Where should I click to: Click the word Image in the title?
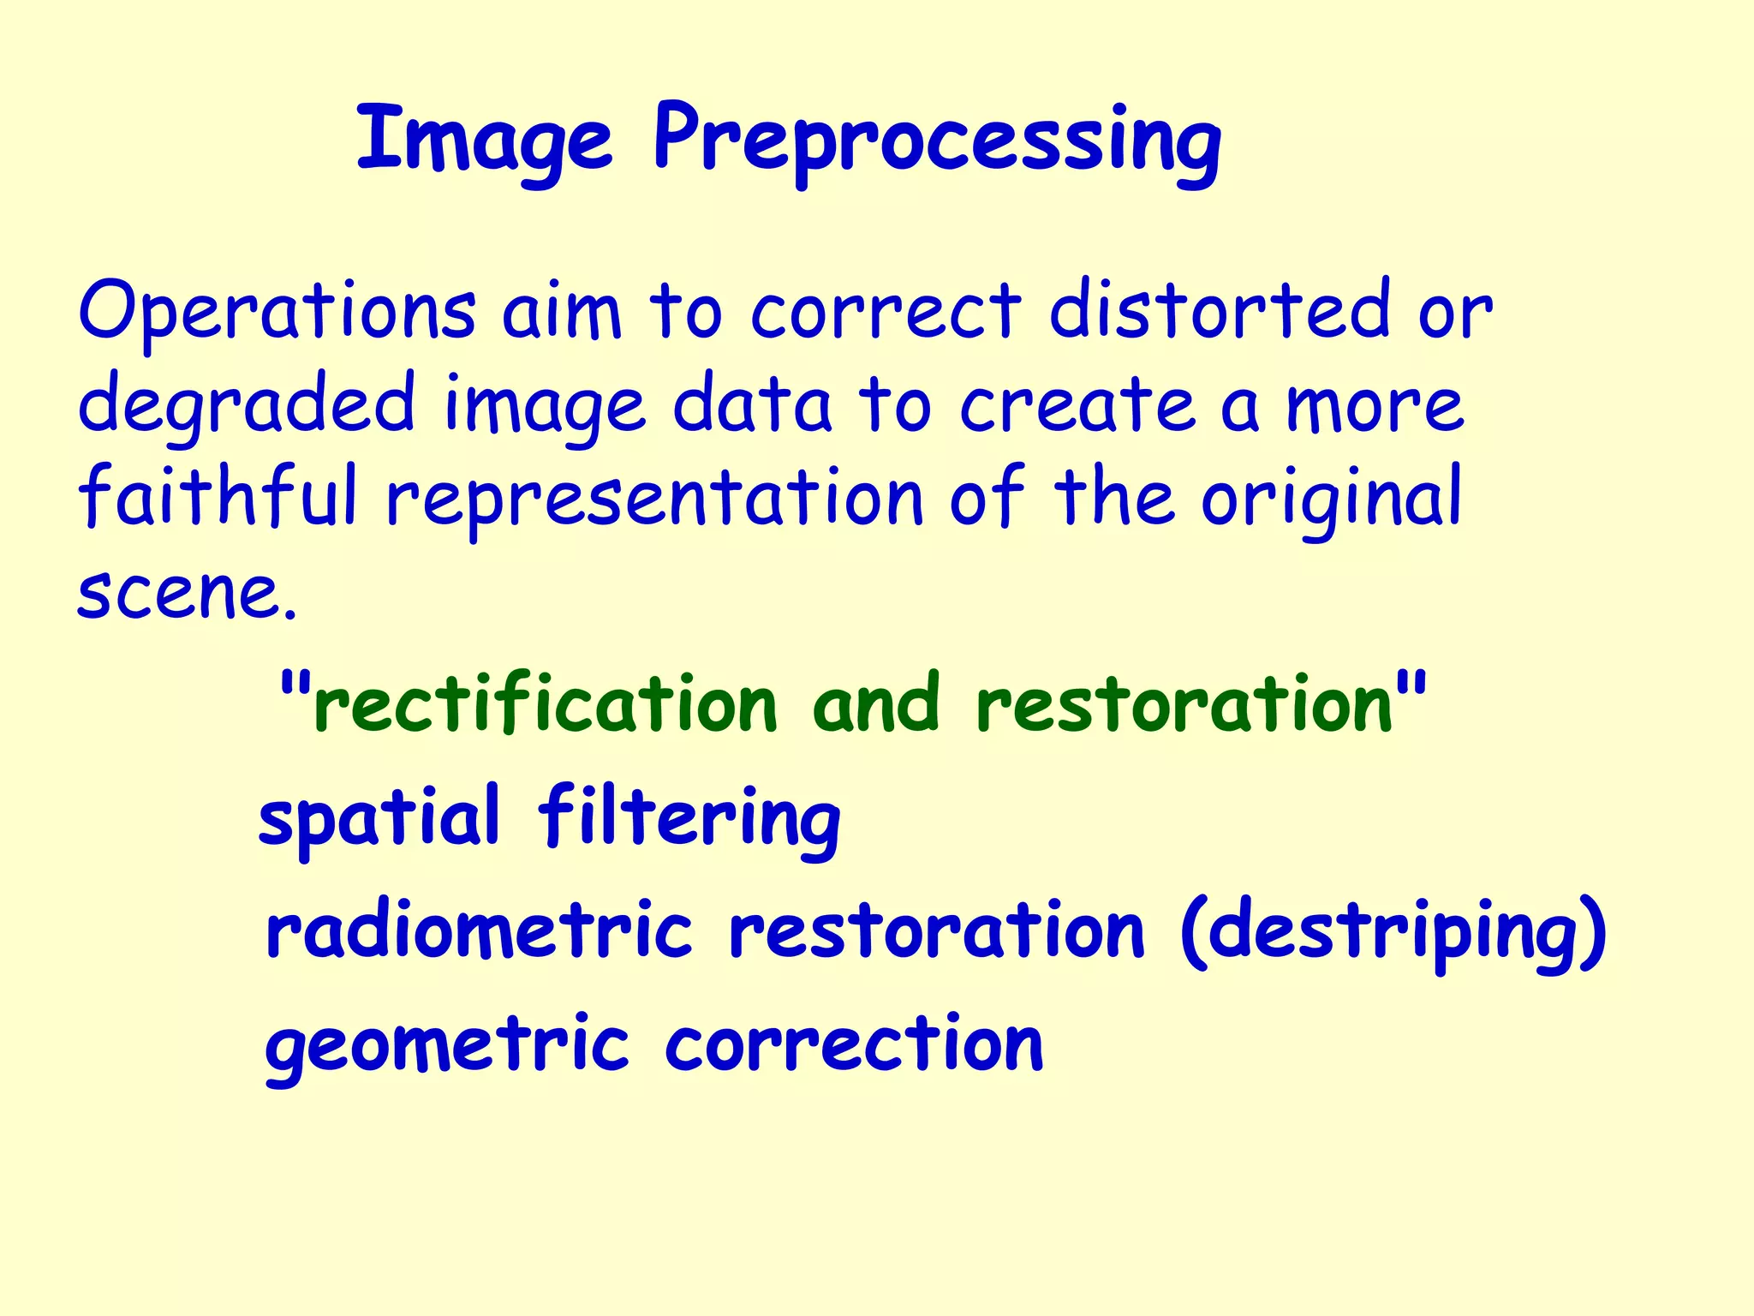485,139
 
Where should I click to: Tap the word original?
1331,499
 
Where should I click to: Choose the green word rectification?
545,704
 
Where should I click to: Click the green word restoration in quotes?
1187,704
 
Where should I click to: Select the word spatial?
379,817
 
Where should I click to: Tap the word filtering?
689,817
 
